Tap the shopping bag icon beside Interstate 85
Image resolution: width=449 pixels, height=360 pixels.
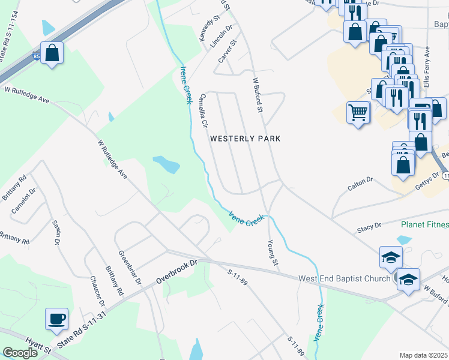[52, 53]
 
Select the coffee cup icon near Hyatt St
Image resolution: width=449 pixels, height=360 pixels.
[57, 320]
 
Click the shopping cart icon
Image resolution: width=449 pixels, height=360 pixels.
[358, 112]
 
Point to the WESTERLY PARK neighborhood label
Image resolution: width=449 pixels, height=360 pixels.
[245, 139]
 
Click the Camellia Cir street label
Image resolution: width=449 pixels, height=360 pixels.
[203, 111]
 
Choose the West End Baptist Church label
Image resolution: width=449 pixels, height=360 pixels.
[344, 279]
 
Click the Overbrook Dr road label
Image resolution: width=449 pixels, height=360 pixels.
[177, 271]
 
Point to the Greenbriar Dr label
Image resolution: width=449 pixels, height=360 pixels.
[130, 268]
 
